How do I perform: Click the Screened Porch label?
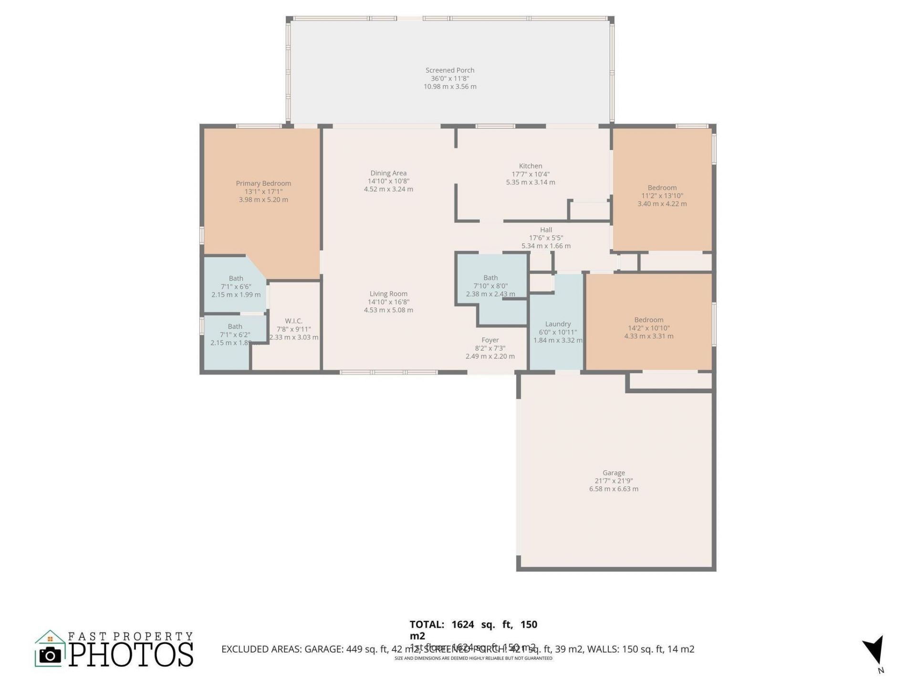pyautogui.click(x=450, y=70)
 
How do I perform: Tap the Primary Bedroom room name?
pyautogui.click(x=263, y=183)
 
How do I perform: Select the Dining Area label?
pyautogui.click(x=388, y=173)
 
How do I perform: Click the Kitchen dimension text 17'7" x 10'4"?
pyautogui.click(x=531, y=174)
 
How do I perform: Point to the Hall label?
pyautogui.click(x=546, y=230)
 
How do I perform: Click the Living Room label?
pyautogui.click(x=388, y=294)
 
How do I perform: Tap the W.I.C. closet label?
pyautogui.click(x=293, y=321)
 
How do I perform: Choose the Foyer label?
pyautogui.click(x=490, y=340)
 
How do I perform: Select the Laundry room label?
pyautogui.click(x=558, y=324)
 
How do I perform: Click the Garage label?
pyautogui.click(x=614, y=473)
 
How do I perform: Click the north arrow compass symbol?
pyautogui.click(x=874, y=650)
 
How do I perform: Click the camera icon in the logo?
pyautogui.click(x=50, y=655)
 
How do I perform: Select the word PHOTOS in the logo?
pyautogui.click(x=131, y=655)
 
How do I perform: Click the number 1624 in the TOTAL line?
pyautogui.click(x=463, y=625)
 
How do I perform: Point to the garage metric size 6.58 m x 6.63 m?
pyautogui.click(x=614, y=489)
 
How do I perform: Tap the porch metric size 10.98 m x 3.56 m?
pyautogui.click(x=450, y=87)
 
